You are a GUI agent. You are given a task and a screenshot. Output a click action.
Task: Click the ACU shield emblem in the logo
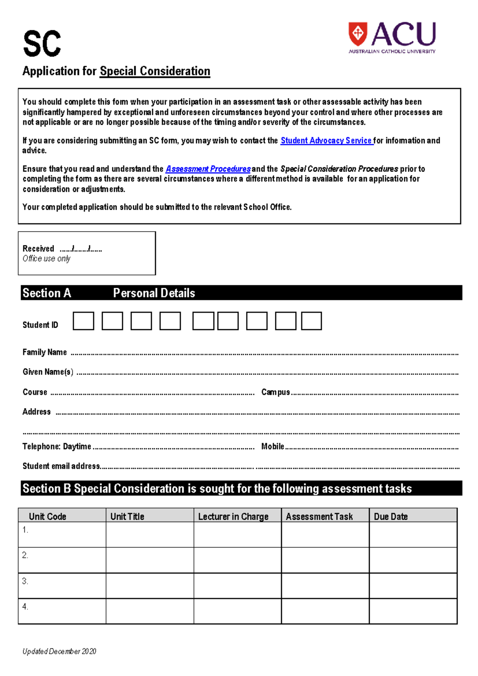coord(358,33)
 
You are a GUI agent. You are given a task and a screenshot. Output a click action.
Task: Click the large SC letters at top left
coord(42,44)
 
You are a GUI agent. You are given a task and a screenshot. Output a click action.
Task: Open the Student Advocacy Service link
coord(326,140)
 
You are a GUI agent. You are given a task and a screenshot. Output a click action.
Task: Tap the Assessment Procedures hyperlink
coord(208,169)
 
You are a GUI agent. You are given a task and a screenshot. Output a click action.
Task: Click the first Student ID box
coord(83,321)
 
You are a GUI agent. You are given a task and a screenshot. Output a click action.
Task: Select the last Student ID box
coord(311,321)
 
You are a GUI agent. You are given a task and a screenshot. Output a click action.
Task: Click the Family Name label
coord(45,352)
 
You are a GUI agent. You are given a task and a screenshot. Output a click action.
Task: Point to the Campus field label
coord(275,392)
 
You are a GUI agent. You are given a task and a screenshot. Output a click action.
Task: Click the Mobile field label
coord(272,446)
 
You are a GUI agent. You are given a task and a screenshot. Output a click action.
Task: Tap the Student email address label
coord(61,466)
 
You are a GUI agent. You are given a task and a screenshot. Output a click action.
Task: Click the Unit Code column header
coord(47,516)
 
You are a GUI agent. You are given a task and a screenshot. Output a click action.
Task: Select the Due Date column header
coord(391,516)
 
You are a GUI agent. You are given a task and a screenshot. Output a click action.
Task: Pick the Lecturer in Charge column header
coord(233,516)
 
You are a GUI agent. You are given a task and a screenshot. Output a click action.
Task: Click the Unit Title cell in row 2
coord(150,560)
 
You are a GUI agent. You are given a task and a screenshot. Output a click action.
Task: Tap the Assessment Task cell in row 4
coord(325,611)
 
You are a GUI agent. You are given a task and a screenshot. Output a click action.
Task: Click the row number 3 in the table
coord(25,581)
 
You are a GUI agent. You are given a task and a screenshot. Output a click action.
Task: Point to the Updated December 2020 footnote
coord(59,651)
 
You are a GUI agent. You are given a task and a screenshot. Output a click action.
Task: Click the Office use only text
coord(46,259)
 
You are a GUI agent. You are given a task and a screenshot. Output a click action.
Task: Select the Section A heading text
coord(47,293)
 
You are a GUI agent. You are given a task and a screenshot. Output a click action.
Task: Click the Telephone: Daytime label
coord(57,446)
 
